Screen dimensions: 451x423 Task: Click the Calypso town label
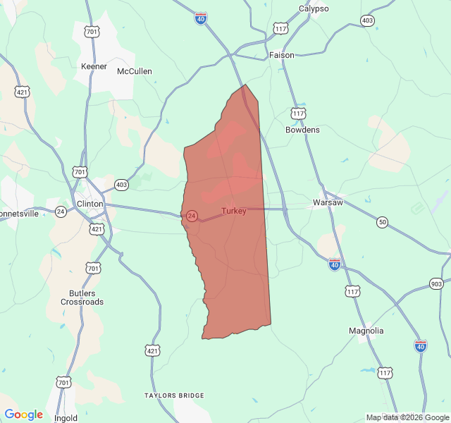[x=314, y=8]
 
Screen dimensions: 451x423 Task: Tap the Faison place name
[x=282, y=55]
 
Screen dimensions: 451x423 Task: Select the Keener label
[x=94, y=66]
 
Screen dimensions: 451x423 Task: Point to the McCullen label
[x=135, y=71]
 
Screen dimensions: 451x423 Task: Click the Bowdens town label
[x=302, y=130]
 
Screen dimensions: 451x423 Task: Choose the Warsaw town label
[x=328, y=203]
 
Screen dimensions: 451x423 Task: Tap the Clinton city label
[x=89, y=204]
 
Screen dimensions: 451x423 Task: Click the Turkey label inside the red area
[x=234, y=211]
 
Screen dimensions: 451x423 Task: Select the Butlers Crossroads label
[x=87, y=298]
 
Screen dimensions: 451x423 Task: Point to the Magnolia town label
[x=366, y=331]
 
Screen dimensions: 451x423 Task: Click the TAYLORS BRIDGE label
[x=174, y=396]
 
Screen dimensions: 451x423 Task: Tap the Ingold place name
[x=66, y=418]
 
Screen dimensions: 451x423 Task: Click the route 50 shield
[x=382, y=222]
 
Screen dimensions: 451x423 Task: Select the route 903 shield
[x=436, y=283]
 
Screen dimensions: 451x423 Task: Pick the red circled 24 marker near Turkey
[x=192, y=216]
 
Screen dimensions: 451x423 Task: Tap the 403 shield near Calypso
[x=367, y=20]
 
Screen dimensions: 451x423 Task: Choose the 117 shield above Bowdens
[x=298, y=113]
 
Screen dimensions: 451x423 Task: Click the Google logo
[x=23, y=415]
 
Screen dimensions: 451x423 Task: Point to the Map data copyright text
[x=407, y=417]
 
